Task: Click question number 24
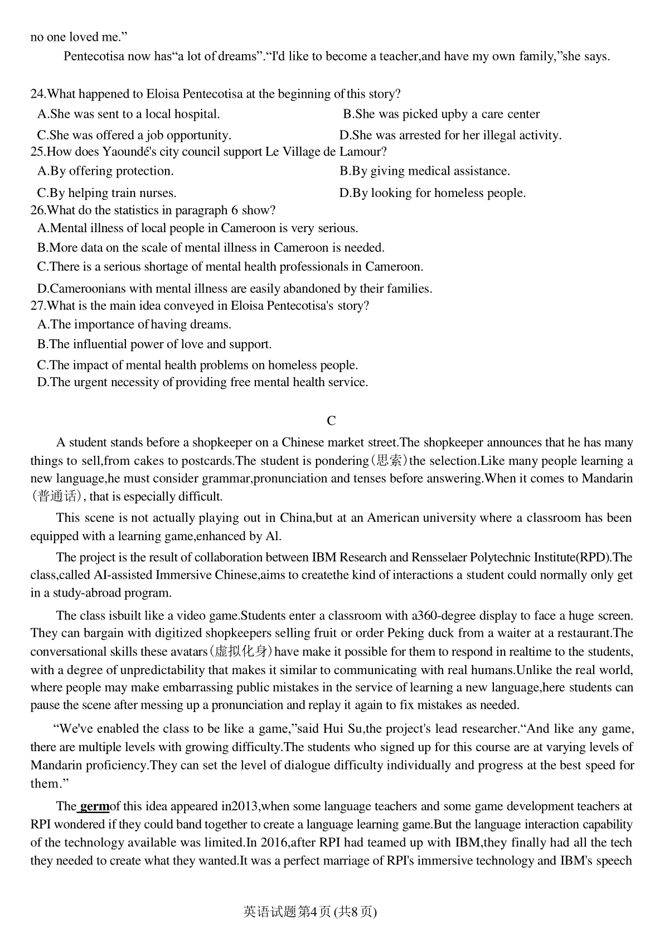(x=37, y=94)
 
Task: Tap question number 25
(x=37, y=152)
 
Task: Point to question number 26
(x=37, y=210)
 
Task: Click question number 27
(x=37, y=306)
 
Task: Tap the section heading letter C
(x=331, y=421)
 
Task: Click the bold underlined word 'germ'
(x=94, y=806)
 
